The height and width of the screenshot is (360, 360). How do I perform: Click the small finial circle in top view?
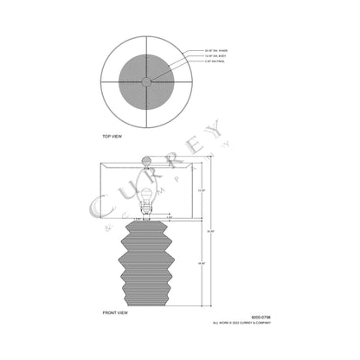coord(145,81)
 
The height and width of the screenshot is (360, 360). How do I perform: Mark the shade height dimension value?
coord(201,190)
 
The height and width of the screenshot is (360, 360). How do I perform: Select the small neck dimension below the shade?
coord(145,217)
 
